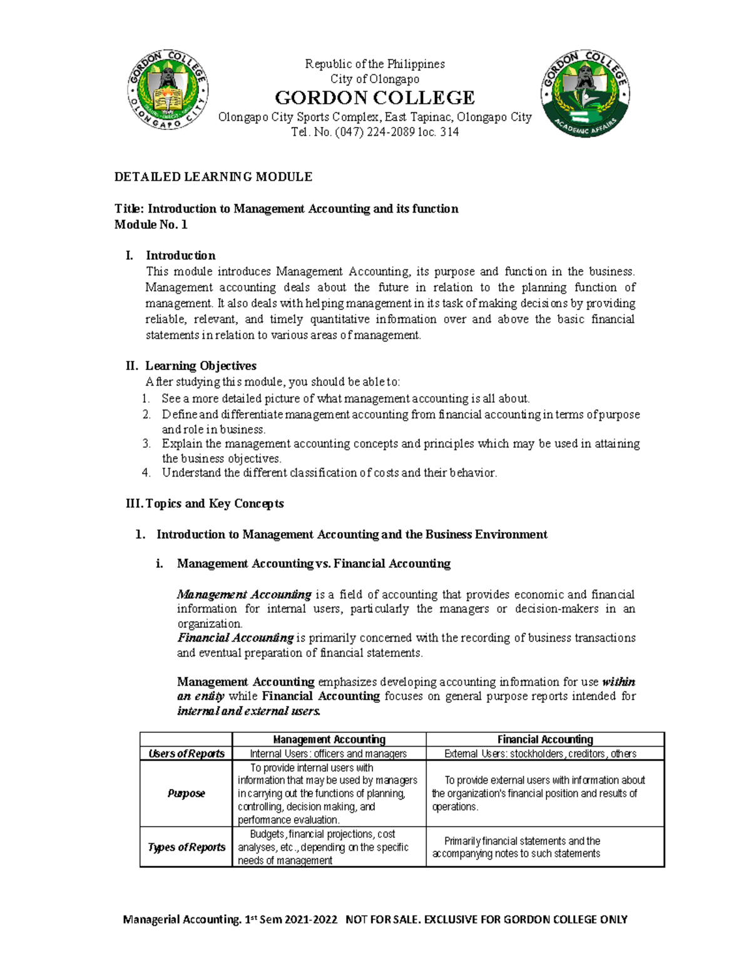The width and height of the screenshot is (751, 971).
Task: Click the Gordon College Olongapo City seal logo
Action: point(168,91)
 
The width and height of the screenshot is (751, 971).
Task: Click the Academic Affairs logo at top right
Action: point(585,94)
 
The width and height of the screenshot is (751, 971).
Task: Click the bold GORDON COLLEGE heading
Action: point(375,98)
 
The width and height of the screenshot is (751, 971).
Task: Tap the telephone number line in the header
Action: point(375,132)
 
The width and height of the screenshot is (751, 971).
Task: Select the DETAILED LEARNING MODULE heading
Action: point(213,177)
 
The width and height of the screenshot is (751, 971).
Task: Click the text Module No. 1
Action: point(151,224)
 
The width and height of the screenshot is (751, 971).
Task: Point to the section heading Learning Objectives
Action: point(200,366)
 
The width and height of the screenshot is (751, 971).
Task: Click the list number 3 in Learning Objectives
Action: point(146,444)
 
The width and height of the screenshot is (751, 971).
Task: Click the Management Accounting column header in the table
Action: point(329,739)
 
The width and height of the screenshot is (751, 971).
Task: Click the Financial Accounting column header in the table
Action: point(545,739)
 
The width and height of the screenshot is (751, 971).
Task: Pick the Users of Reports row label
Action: point(186,753)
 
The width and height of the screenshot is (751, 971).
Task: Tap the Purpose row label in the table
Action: point(186,793)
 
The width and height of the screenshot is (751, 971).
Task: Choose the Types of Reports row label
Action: point(186,847)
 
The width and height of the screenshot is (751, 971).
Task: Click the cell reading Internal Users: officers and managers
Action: point(329,753)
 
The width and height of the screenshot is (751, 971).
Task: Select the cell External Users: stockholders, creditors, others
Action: point(540,753)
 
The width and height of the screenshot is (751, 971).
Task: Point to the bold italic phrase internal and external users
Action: point(248,711)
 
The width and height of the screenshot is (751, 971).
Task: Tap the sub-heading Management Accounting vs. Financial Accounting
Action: point(314,563)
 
